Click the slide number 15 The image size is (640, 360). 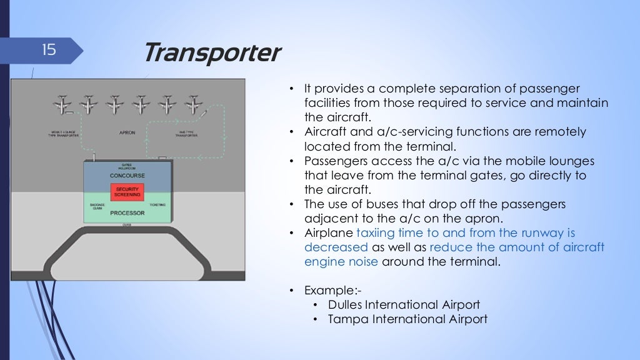click(x=49, y=50)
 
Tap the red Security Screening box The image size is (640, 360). click(x=127, y=192)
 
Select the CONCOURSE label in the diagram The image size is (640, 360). click(x=127, y=176)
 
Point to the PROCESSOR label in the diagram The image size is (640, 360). click(x=127, y=213)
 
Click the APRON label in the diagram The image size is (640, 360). click(x=127, y=133)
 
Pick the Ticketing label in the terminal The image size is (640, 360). click(x=157, y=204)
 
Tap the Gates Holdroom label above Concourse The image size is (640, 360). click(x=127, y=167)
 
